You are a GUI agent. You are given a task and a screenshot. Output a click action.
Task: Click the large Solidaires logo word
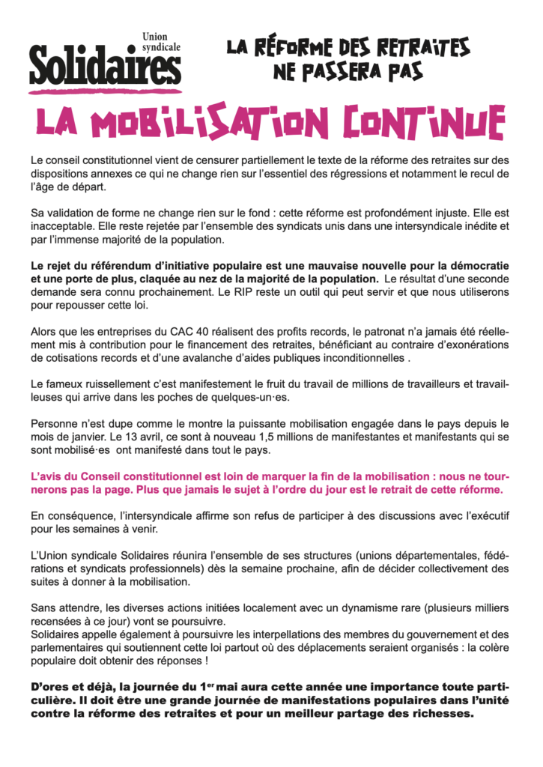click(x=105, y=68)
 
